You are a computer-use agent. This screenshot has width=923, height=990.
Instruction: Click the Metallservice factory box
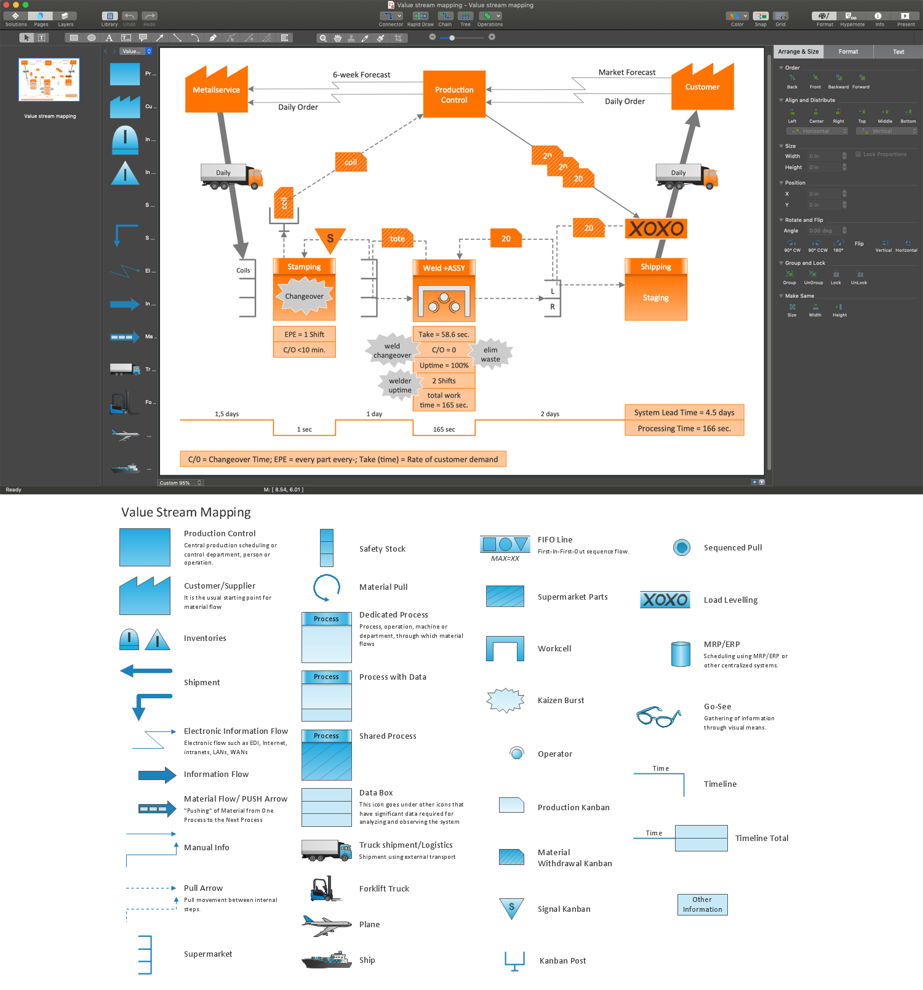[x=217, y=92]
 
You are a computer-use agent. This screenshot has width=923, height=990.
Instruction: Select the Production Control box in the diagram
[x=454, y=95]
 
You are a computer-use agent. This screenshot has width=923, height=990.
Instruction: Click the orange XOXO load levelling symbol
[x=656, y=229]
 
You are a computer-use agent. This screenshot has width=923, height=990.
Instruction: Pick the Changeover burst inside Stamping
[x=304, y=296]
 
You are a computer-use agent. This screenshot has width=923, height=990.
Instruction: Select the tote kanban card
[x=398, y=239]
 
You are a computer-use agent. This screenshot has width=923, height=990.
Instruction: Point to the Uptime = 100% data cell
[x=444, y=365]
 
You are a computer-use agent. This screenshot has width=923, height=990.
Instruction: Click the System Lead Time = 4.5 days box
[x=684, y=412]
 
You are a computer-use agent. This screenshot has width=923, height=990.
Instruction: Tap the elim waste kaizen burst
[x=490, y=355]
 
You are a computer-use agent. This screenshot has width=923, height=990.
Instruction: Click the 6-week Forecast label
[x=361, y=75]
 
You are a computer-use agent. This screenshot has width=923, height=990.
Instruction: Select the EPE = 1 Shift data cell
[x=304, y=334]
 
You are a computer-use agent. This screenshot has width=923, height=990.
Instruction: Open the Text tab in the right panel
[x=898, y=52]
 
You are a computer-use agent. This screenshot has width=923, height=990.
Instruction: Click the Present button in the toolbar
[x=905, y=18]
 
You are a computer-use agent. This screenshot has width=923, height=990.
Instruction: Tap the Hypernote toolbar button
[x=852, y=18]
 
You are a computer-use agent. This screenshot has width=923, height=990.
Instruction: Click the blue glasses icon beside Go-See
[x=658, y=717]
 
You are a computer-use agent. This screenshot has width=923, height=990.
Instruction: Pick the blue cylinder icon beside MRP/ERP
[x=681, y=654]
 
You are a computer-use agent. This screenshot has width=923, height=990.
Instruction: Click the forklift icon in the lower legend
[x=326, y=889]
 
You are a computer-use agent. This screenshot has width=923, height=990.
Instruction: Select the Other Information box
[x=702, y=904]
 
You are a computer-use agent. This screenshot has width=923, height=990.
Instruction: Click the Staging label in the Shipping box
[x=655, y=298]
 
